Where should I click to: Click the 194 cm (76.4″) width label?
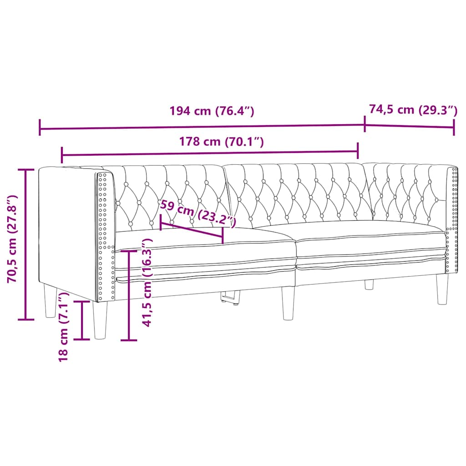tap(211, 111)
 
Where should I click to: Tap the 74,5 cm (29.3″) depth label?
tap(412, 110)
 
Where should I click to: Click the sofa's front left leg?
tap(100, 320)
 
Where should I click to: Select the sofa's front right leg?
tap(442, 289)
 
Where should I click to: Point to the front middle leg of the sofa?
tap(288, 303)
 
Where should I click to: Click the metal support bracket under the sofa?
tap(230, 298)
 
